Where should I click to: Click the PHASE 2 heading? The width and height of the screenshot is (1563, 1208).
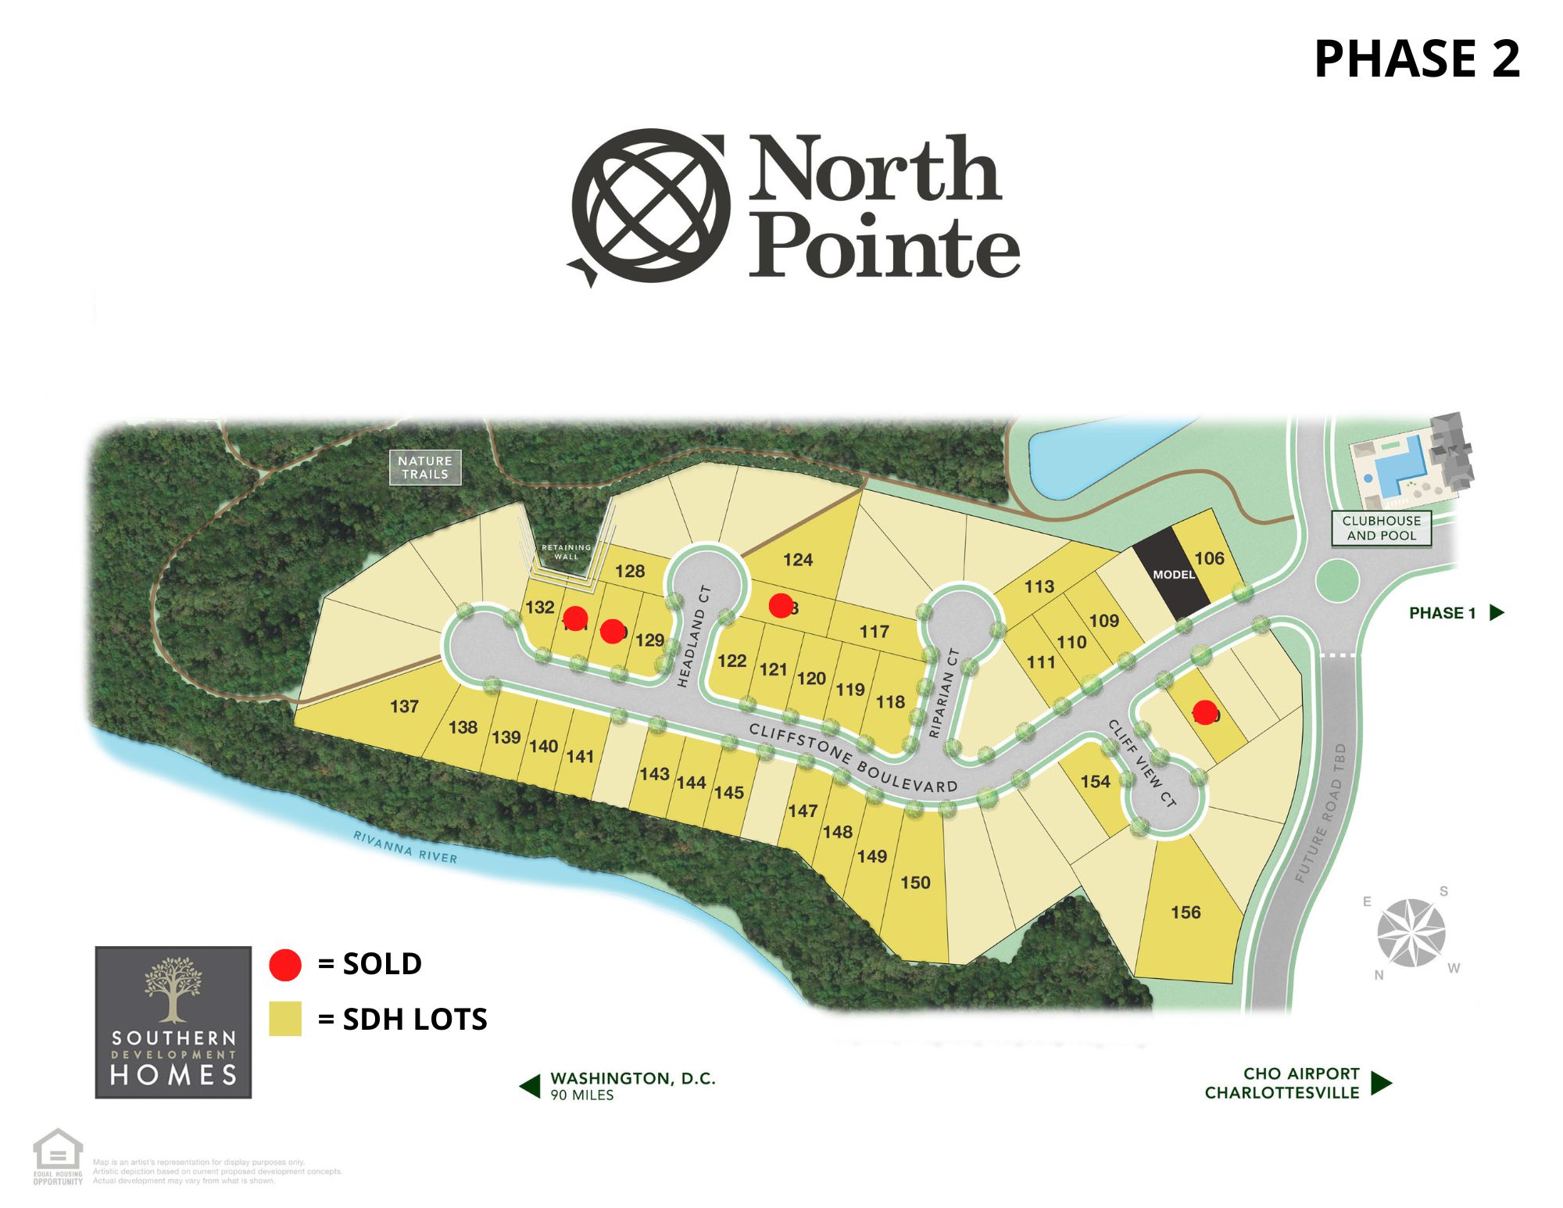(1416, 59)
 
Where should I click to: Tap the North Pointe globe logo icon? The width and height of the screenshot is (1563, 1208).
(650, 206)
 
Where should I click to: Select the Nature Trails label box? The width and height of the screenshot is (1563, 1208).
(425, 468)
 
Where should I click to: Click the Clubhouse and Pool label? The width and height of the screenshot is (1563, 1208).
(1381, 529)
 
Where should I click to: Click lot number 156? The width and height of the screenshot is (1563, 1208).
(1186, 912)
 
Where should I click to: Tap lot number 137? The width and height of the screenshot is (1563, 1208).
(404, 707)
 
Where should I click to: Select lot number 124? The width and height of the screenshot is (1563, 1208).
(797, 560)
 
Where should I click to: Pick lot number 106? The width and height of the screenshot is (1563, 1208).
(1209, 558)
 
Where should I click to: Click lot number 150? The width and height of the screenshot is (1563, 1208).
(915, 883)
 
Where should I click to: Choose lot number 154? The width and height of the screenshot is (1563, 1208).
(1095, 782)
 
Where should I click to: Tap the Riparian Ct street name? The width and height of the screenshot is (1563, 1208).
(943, 693)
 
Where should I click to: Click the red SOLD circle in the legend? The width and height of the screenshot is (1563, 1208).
(285, 965)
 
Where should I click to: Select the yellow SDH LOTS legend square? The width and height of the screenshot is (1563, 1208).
(285, 1020)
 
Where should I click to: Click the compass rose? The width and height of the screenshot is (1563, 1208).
(1411, 932)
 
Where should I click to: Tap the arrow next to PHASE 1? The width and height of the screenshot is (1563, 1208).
(1497, 613)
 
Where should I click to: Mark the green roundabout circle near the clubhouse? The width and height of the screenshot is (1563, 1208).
(1337, 580)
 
